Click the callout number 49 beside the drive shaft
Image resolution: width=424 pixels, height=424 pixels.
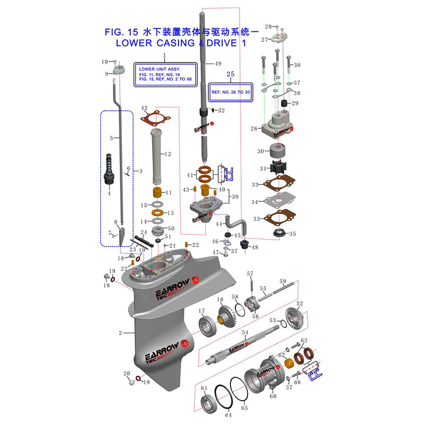point(217,64)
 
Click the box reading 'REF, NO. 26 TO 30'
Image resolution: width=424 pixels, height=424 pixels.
point(231,92)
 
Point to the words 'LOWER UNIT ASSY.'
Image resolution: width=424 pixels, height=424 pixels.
point(160,69)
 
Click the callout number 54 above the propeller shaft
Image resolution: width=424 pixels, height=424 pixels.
point(245,332)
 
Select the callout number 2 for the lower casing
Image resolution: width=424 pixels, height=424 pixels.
point(120,333)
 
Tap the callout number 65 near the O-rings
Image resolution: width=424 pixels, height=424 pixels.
point(244,408)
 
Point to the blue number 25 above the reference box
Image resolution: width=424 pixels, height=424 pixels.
point(230,74)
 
